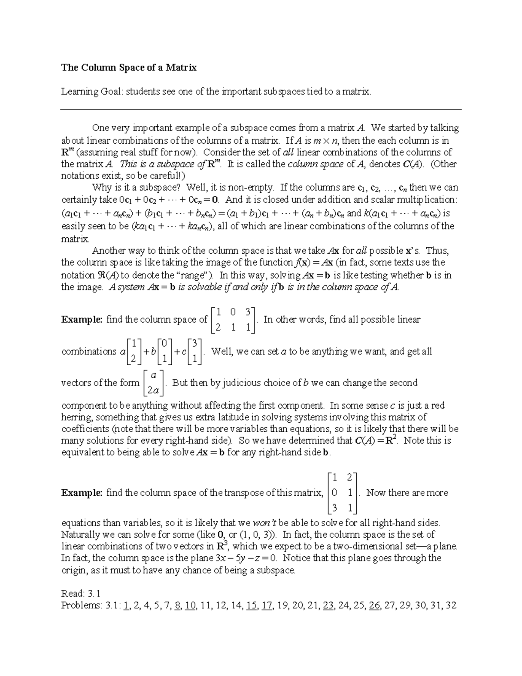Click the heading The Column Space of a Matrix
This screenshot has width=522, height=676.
(129, 67)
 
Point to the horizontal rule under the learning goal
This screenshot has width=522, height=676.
(260, 110)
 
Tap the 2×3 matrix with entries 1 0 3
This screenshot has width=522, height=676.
(233, 320)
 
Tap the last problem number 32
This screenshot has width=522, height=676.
(450, 605)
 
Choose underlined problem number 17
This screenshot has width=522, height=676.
(267, 605)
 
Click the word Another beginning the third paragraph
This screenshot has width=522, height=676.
(109, 251)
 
